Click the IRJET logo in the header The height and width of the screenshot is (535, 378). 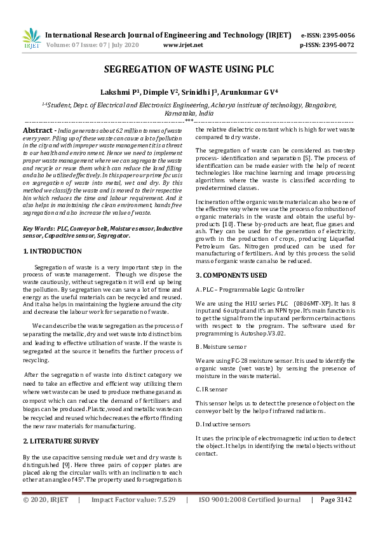click(x=31, y=39)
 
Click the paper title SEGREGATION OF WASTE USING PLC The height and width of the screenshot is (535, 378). click(x=189, y=71)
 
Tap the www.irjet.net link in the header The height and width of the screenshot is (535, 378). click(x=183, y=45)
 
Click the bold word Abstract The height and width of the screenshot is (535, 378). click(x=37, y=130)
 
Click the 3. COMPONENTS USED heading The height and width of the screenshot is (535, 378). click(x=231, y=275)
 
